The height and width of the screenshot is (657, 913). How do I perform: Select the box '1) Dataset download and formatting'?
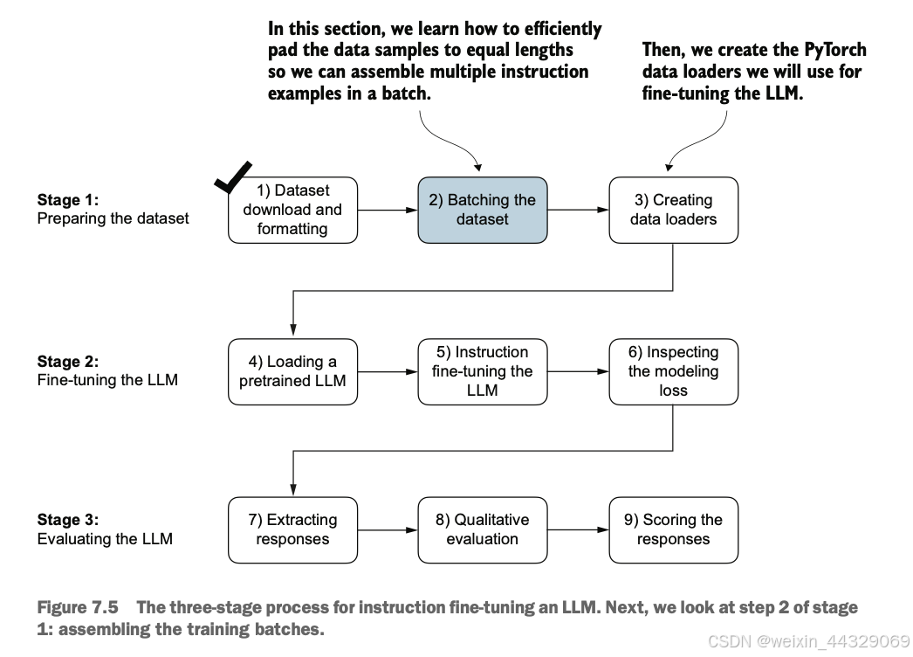292,210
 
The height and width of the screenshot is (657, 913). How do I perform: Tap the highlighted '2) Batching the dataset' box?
482,210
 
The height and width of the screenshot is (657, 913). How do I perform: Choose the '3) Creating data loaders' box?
673,210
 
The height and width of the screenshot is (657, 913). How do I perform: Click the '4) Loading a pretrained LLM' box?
292,371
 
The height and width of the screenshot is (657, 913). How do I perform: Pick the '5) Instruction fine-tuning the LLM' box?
482,371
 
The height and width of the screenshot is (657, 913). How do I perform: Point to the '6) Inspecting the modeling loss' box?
673,371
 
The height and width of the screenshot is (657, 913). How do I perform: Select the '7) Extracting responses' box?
292,530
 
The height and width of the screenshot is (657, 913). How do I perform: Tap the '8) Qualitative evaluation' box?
482,530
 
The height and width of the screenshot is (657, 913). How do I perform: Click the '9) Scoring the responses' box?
673,530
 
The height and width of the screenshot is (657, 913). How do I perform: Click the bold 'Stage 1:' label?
67,200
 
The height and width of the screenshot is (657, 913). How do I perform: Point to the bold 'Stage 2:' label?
67,362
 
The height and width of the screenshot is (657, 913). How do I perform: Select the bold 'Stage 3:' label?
67,520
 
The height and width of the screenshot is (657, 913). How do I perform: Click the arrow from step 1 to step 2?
388,210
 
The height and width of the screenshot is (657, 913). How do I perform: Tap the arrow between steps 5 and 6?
578,371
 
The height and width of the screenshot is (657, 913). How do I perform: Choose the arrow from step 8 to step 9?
578,530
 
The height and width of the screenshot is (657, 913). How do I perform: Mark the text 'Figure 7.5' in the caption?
78,607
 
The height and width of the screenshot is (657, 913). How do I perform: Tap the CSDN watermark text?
809,641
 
